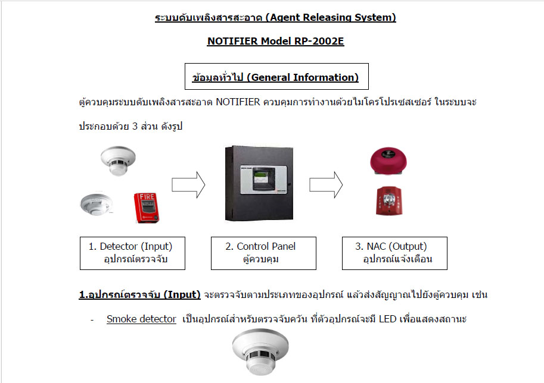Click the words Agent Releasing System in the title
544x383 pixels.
(x=331, y=17)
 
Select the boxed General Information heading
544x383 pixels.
(x=276, y=77)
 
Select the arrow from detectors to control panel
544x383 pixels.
(x=188, y=184)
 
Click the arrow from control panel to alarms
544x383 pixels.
(x=326, y=184)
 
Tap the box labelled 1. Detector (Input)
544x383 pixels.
(x=133, y=253)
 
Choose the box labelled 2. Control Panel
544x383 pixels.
(x=264, y=253)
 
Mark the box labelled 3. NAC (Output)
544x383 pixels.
(x=394, y=253)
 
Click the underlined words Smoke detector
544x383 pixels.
(x=141, y=319)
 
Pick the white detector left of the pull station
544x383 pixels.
(x=97, y=204)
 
